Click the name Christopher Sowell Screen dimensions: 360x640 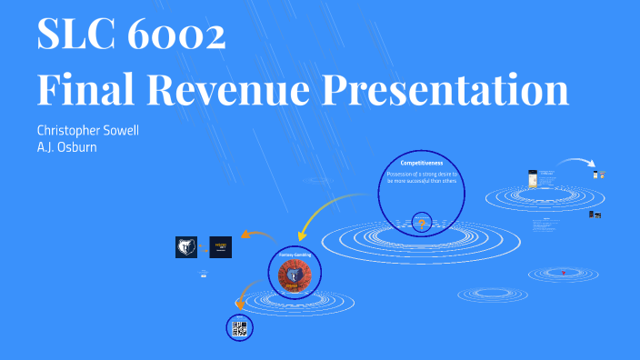[x=87, y=130]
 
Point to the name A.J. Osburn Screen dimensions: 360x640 [x=66, y=146]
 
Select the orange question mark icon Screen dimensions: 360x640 [x=422, y=223]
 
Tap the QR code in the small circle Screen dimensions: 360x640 [x=239, y=328]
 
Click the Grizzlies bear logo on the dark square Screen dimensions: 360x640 [x=186, y=246]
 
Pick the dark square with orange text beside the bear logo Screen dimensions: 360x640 [x=221, y=246]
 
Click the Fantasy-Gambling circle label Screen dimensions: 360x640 [x=295, y=255]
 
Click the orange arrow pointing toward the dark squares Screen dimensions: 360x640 [x=259, y=235]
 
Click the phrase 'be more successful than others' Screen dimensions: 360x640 [x=421, y=180]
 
